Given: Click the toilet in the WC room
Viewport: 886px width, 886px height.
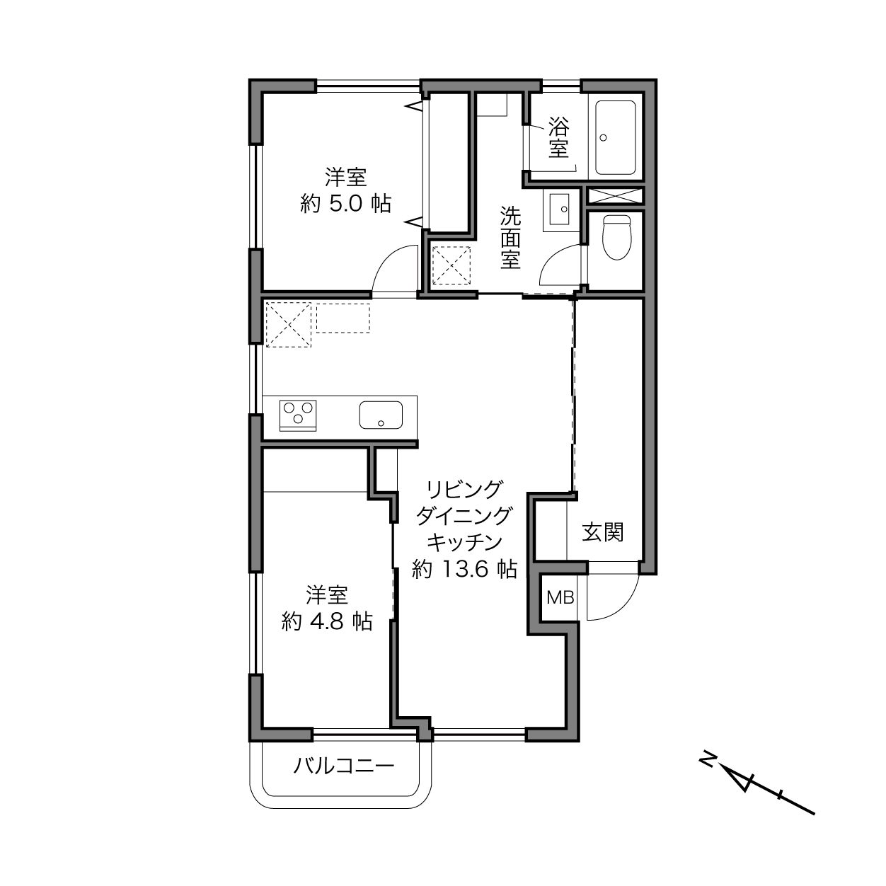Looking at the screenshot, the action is (x=616, y=237).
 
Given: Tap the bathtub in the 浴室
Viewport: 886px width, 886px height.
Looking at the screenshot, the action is (x=615, y=137).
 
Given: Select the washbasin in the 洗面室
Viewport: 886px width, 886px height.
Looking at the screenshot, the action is (x=559, y=209).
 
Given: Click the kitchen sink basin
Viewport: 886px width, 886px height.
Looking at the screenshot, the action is (x=381, y=415).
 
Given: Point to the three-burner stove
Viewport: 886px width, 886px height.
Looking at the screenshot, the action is (x=298, y=415).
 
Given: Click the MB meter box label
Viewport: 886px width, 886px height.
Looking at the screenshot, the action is (x=560, y=597).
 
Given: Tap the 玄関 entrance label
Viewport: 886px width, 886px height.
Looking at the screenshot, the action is (x=603, y=532).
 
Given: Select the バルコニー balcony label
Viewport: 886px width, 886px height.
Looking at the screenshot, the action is (x=344, y=766).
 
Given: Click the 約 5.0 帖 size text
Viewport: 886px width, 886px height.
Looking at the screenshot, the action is (x=346, y=203).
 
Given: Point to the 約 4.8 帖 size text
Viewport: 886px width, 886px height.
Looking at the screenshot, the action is (x=327, y=621).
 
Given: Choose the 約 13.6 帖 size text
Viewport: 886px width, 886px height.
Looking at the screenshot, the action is (x=464, y=569).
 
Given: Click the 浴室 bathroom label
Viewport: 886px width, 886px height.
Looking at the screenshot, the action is (x=558, y=137).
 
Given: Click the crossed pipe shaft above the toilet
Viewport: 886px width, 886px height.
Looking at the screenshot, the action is (x=615, y=196).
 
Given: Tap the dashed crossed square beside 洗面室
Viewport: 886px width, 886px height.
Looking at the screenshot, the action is (x=451, y=265).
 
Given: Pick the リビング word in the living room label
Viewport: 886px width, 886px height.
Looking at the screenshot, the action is (x=464, y=489).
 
